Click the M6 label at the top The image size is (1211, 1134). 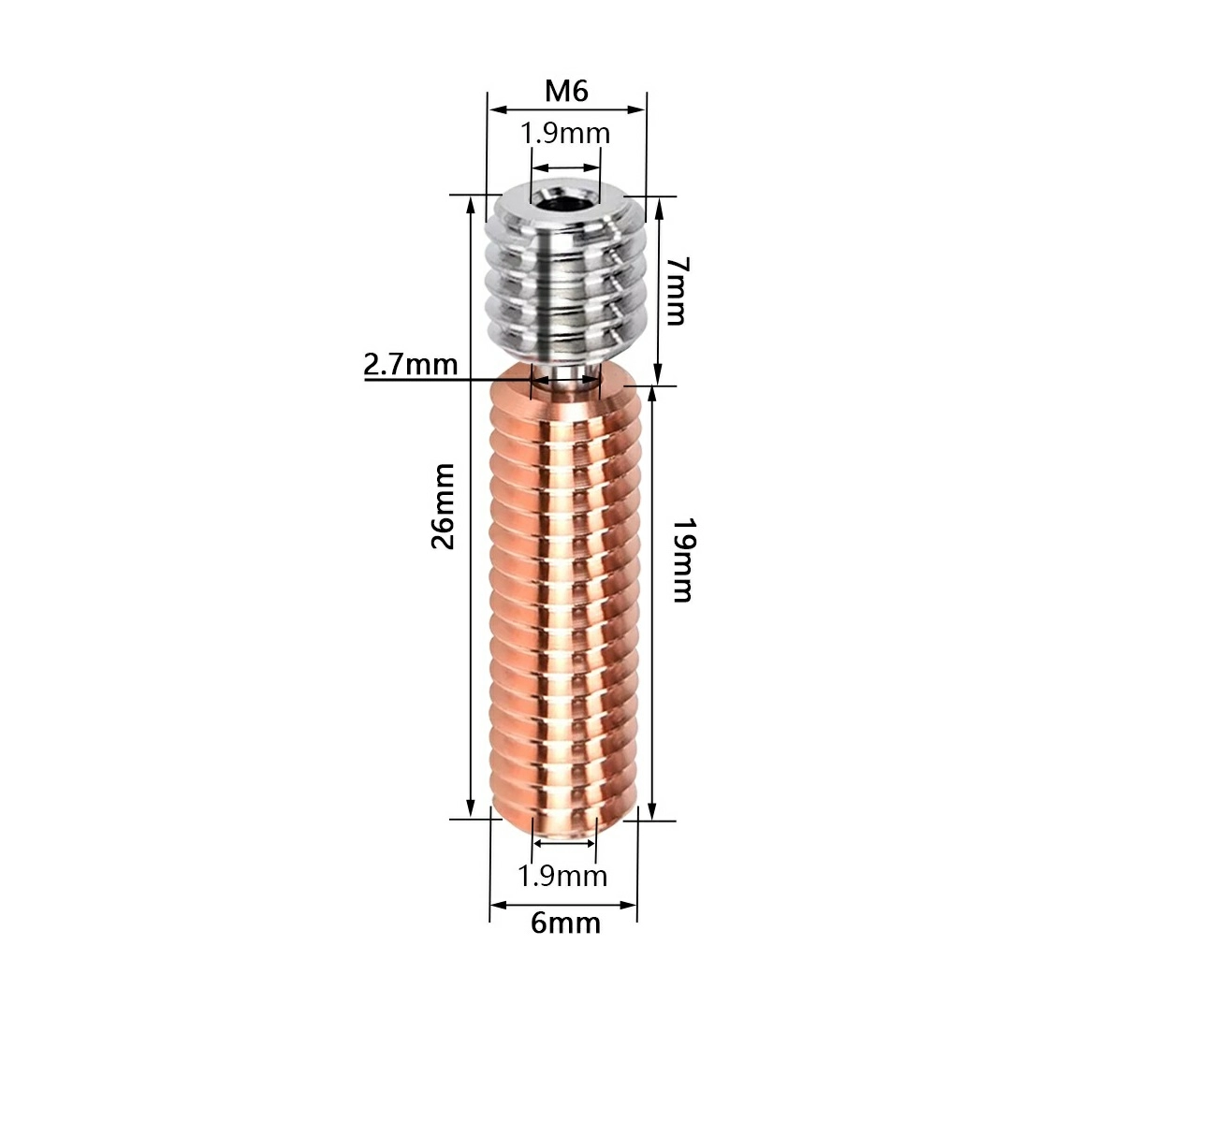[x=566, y=92]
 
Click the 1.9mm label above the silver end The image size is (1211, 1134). [x=565, y=133]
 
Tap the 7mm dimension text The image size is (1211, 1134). [x=676, y=290]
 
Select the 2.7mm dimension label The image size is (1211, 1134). [x=411, y=363]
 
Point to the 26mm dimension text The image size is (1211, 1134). [x=443, y=506]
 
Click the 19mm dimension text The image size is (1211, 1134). [x=681, y=560]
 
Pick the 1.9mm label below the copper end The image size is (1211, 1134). [x=562, y=876]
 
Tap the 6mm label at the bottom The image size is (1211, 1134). [x=565, y=923]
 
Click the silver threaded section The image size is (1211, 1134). [x=565, y=281]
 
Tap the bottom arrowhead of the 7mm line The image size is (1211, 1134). [x=659, y=374]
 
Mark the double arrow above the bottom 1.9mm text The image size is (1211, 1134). [x=563, y=843]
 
